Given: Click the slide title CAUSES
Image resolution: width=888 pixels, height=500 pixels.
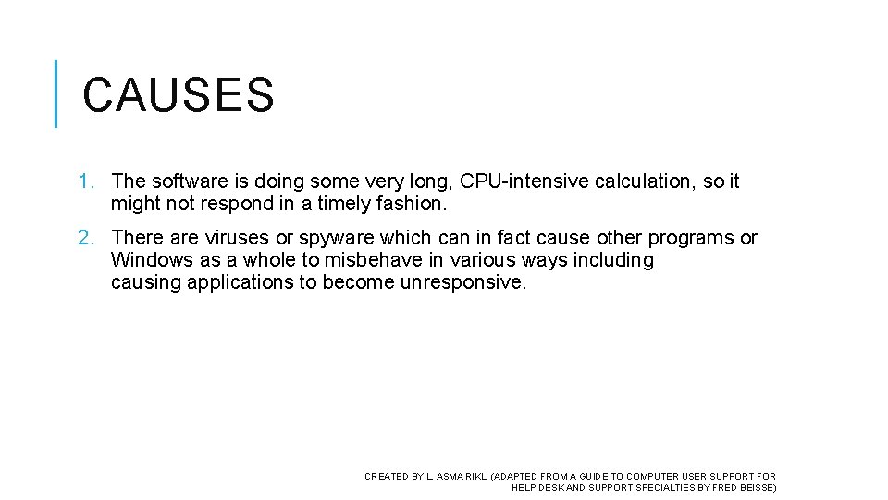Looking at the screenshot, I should [179, 95].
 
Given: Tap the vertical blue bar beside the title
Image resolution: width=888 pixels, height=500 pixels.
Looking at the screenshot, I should [56, 94].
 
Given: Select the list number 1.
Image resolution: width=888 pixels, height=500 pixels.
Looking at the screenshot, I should [86, 182].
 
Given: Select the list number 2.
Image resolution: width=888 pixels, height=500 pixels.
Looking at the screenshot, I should [86, 239].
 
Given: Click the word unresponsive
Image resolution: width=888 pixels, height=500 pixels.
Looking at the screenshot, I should [462, 283].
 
